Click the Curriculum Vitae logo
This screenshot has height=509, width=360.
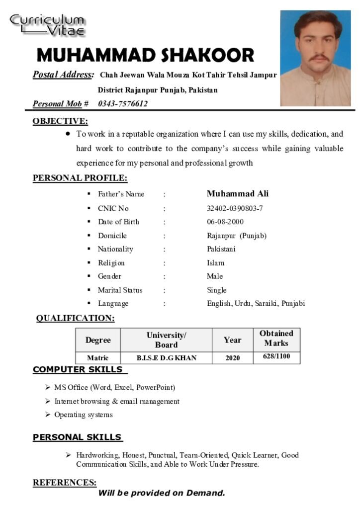point(48,25)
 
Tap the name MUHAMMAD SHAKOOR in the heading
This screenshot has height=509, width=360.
point(145,55)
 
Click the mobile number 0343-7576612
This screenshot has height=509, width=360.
point(123,104)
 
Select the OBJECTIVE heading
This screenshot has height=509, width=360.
point(60,121)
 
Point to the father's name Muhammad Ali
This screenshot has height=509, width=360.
point(237,194)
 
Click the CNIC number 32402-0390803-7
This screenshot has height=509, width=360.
point(235,208)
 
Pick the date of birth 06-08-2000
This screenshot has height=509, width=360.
point(225,222)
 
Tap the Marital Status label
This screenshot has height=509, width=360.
point(120,290)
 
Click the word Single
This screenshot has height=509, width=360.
point(216,290)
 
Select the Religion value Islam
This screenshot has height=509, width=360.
point(215,262)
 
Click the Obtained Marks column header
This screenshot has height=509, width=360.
point(276,338)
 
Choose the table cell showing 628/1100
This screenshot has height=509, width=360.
point(276,356)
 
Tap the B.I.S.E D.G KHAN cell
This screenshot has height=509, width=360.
point(166,358)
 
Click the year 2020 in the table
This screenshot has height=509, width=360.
point(232,358)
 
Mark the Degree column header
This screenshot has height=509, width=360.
point(98,340)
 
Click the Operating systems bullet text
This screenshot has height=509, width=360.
point(83,415)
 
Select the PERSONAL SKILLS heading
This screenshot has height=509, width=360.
point(77,437)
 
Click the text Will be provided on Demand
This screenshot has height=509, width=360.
point(161,493)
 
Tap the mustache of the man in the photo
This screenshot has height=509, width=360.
point(318,59)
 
